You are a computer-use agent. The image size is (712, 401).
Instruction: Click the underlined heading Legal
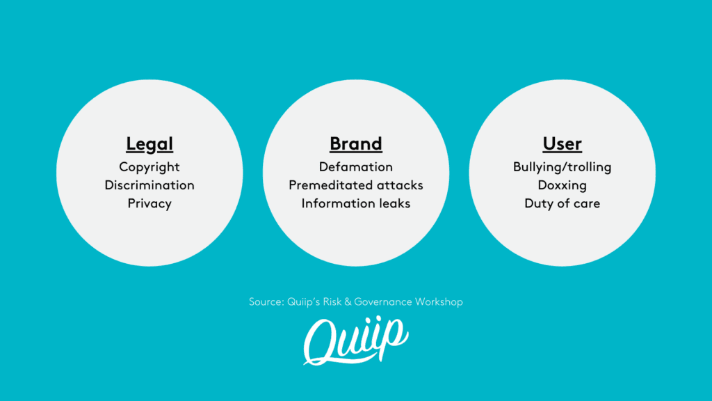149,144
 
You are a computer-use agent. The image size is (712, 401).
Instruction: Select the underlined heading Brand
356,143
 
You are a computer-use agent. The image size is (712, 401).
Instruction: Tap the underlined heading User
562,143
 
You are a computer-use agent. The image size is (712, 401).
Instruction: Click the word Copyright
149,167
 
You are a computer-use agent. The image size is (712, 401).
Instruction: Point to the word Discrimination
149,185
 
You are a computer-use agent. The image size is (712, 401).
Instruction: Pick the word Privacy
149,204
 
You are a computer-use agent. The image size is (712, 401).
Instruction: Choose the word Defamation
356,167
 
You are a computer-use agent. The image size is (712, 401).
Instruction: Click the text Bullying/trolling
562,167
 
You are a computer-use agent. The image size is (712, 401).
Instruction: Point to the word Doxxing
562,185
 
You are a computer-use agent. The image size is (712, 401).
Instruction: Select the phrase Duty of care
562,204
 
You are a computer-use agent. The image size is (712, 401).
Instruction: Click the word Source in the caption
266,302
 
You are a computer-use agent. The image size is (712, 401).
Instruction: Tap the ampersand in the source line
348,302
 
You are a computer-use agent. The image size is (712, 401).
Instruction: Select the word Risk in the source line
332,302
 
